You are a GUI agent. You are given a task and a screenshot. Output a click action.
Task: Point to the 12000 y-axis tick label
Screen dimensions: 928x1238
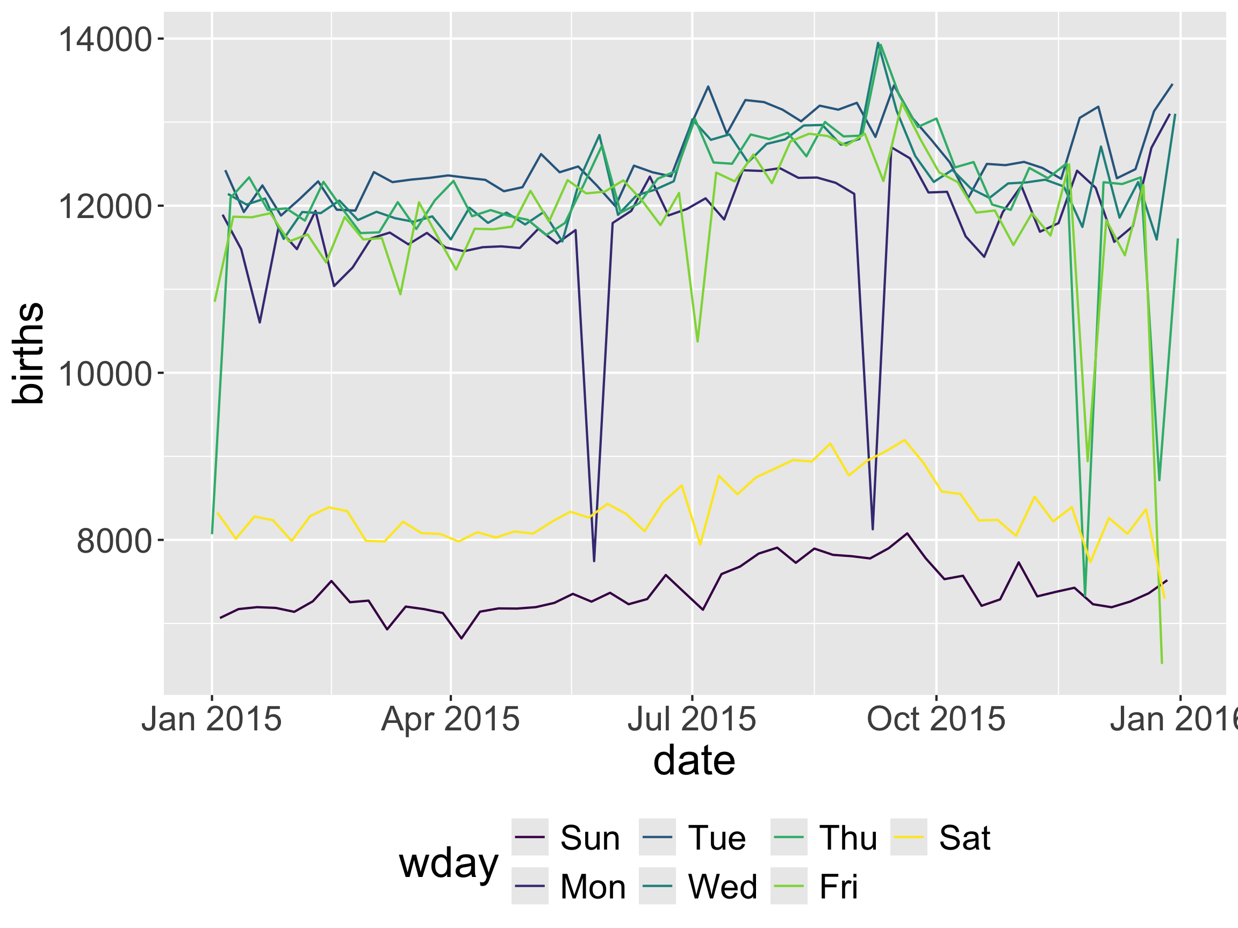coord(105,206)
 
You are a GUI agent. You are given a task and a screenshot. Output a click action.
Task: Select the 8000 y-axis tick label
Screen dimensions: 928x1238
coord(114,540)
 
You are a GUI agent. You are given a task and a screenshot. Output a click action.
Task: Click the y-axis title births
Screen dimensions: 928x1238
coord(28,353)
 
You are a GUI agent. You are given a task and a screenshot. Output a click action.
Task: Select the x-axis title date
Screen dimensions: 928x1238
coord(694,761)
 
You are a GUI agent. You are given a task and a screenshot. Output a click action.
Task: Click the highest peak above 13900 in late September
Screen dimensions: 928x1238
coord(877,42)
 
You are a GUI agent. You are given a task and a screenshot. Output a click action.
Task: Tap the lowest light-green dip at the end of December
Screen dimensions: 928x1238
coord(1162,663)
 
